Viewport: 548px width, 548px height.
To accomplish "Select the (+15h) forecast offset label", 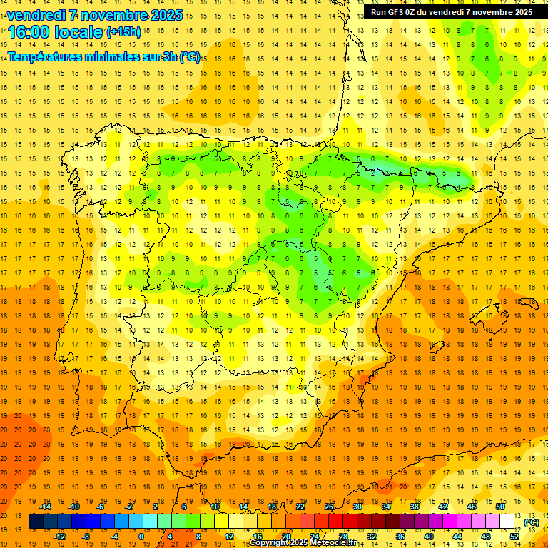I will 123,31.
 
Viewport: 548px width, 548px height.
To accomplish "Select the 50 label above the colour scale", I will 500,507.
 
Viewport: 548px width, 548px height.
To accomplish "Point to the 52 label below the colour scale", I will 514,537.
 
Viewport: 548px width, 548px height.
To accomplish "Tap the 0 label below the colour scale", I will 142,537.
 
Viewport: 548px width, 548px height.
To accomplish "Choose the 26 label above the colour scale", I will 329,507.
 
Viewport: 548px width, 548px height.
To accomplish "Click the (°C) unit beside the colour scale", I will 531,522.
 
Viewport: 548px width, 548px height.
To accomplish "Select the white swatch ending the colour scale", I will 507,522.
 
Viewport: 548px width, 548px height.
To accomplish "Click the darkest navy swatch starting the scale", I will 36,522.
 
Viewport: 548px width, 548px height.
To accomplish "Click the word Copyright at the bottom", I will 270,543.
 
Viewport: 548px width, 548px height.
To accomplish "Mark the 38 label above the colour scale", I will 415,507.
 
